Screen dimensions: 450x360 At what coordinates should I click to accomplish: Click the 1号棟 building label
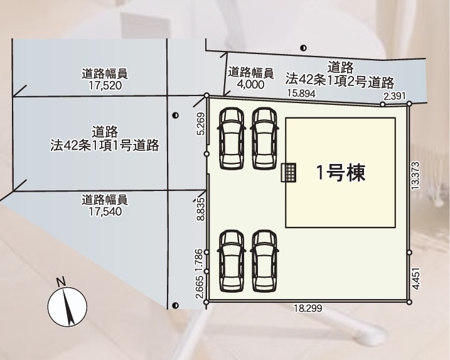click(341, 173)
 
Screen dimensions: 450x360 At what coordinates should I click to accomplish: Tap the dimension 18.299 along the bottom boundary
click(308, 308)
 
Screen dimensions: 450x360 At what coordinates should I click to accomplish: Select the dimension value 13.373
click(415, 175)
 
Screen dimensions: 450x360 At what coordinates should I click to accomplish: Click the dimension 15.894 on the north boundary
click(301, 94)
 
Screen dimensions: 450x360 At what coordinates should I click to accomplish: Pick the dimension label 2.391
click(395, 96)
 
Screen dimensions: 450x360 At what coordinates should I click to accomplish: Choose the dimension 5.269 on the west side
click(201, 124)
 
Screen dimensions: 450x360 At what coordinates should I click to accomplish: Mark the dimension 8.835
click(201, 209)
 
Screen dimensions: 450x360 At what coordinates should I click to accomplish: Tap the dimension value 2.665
click(201, 287)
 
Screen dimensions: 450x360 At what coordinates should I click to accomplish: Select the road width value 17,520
click(105, 85)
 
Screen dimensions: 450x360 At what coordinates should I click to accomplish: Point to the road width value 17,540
click(105, 212)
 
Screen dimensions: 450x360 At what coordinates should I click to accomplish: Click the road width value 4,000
click(250, 84)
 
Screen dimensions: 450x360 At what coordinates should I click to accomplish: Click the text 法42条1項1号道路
click(105, 145)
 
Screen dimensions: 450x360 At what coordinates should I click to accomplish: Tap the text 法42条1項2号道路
click(340, 81)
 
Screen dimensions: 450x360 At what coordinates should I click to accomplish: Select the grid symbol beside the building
click(289, 172)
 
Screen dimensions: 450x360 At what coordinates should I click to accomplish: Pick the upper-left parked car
click(232, 138)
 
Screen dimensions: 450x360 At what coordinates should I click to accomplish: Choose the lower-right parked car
click(264, 261)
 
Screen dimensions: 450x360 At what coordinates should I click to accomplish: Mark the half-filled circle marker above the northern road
click(303, 48)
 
